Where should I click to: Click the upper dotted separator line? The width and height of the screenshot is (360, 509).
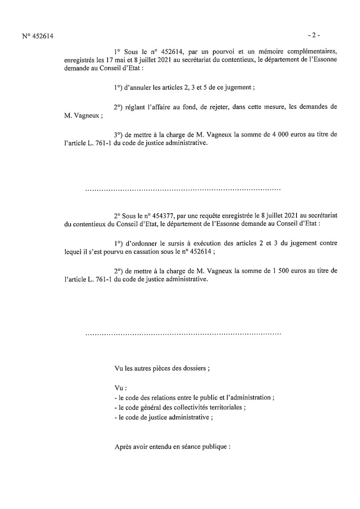point(183,190)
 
